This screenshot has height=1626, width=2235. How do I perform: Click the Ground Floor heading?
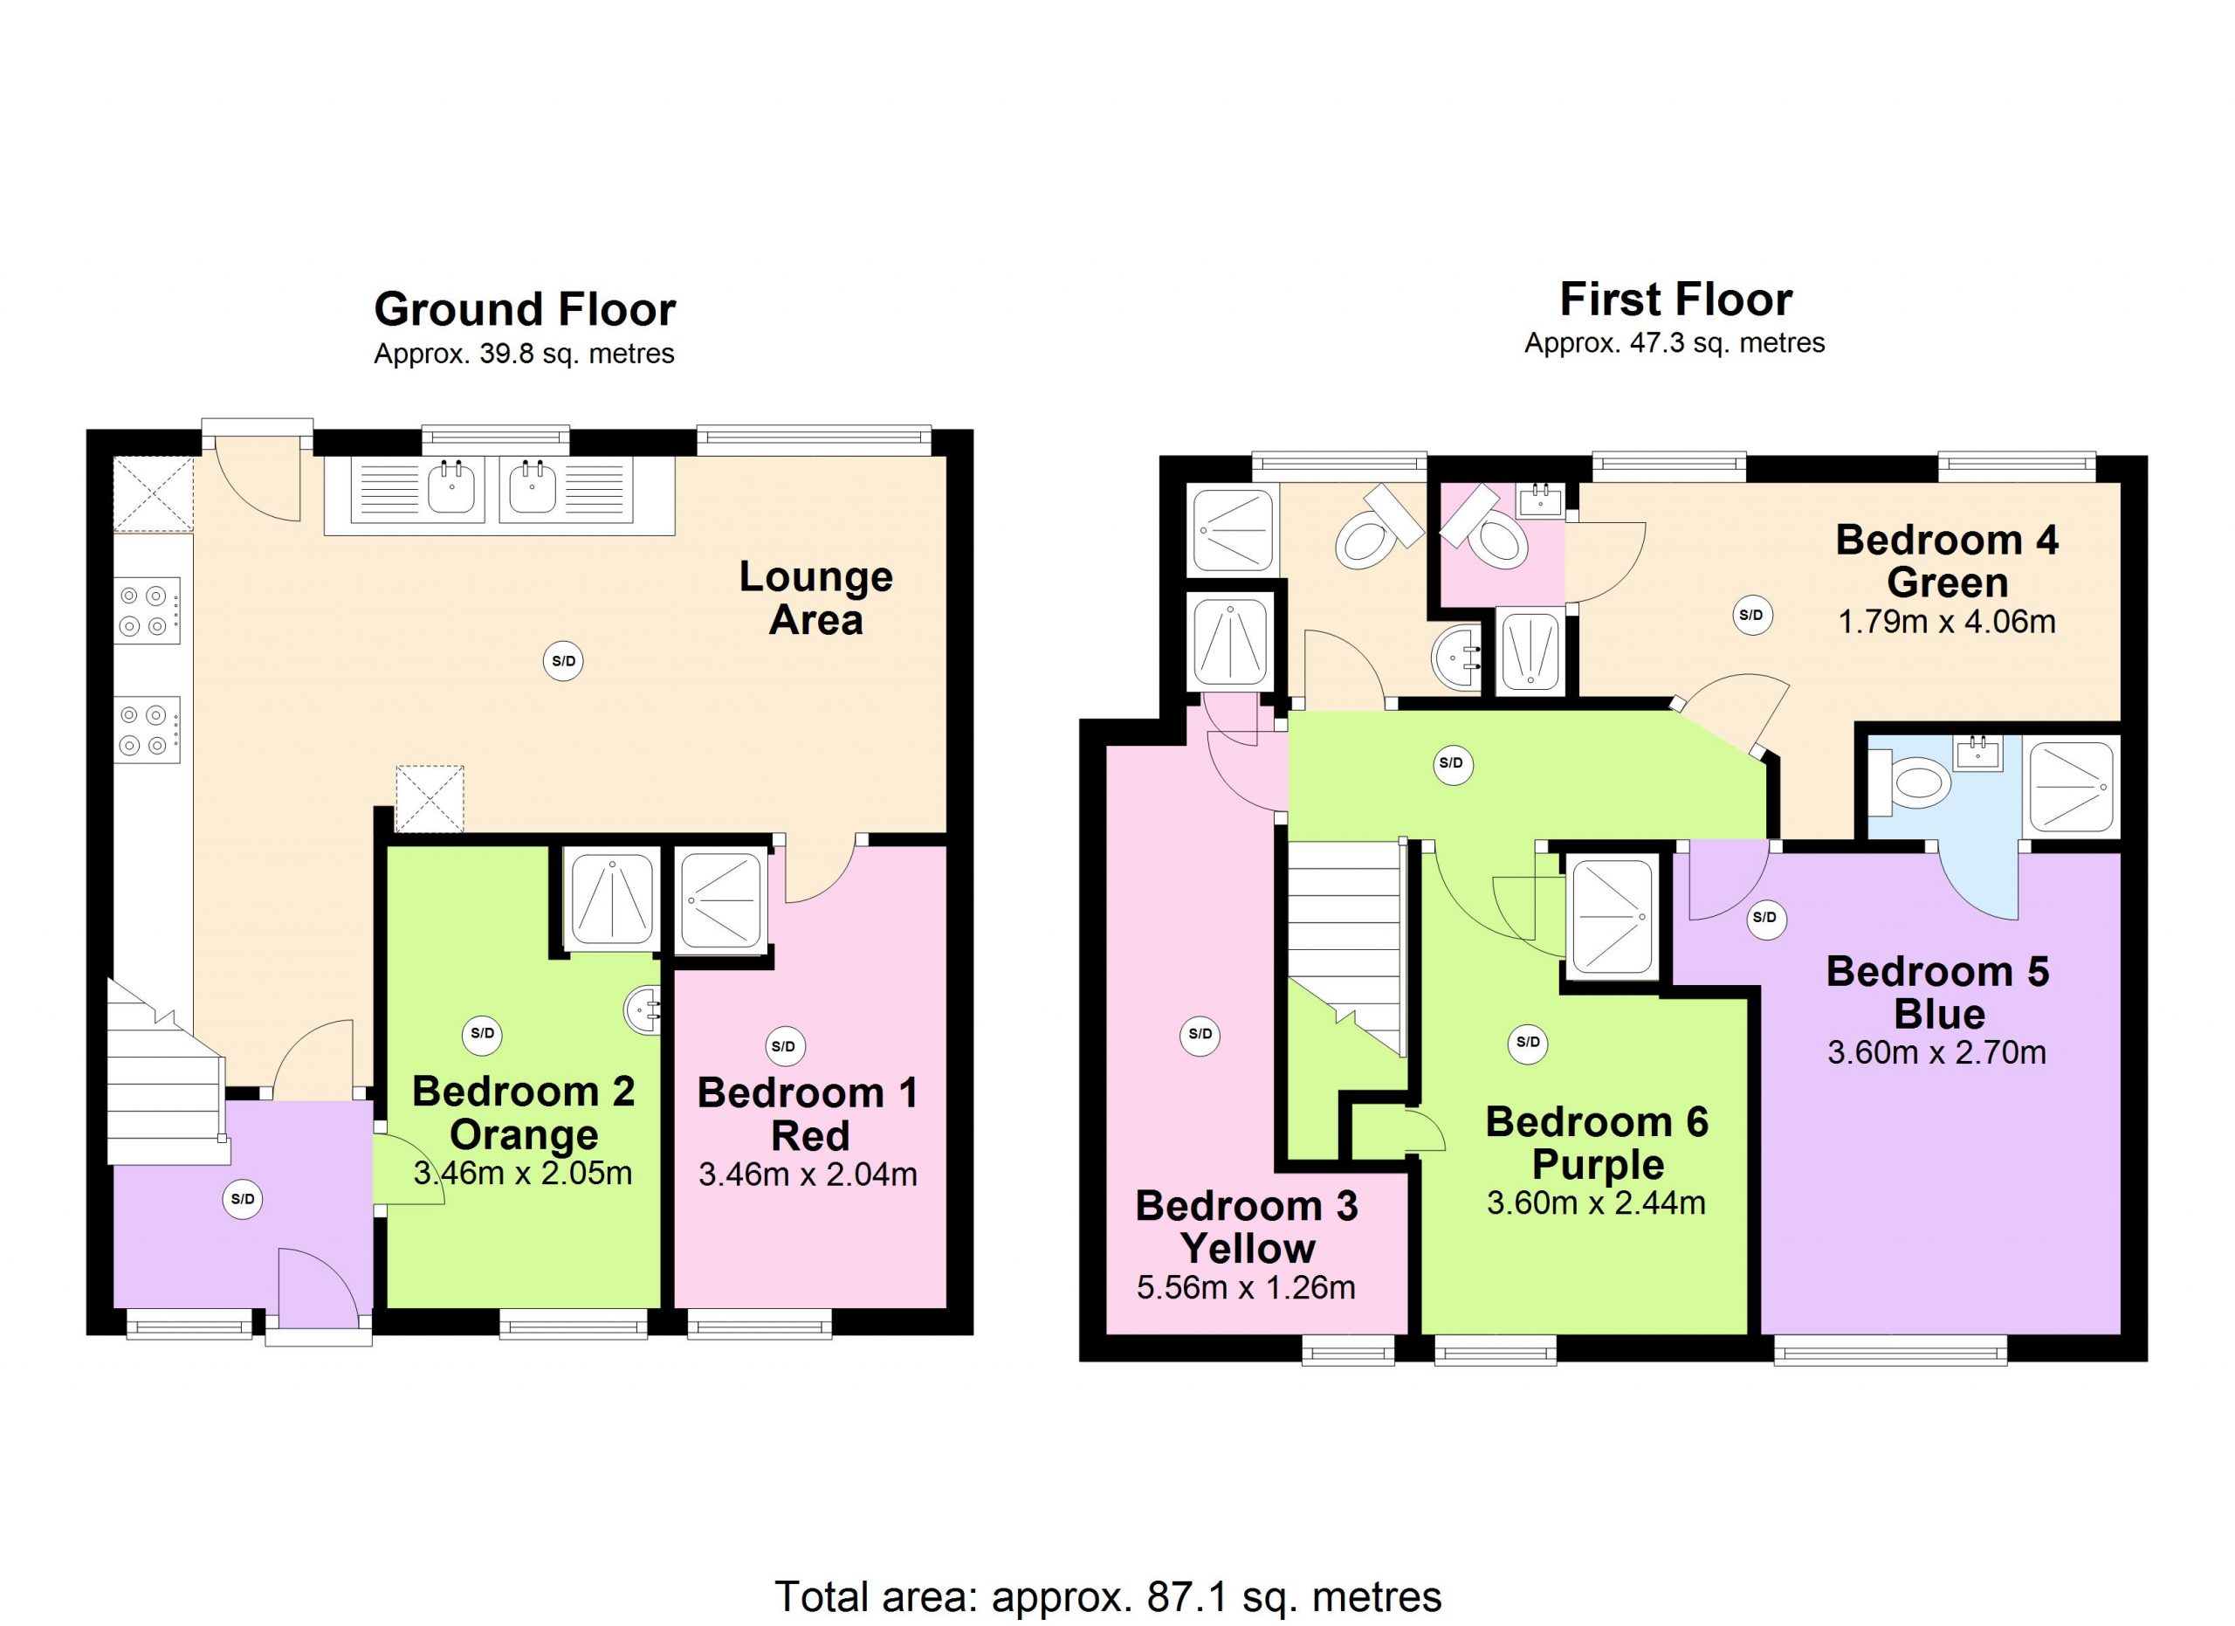524,310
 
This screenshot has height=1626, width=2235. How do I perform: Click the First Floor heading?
1675,300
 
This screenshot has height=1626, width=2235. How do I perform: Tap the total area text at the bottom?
1108,1595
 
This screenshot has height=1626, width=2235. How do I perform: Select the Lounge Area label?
816,598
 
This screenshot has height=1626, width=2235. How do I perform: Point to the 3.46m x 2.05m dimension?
522,1174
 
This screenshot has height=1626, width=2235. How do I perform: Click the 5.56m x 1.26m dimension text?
1246,1287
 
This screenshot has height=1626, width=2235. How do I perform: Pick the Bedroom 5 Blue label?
1937,992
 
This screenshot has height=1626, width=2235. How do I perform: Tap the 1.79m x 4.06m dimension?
1946,622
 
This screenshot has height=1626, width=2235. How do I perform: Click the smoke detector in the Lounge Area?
564,661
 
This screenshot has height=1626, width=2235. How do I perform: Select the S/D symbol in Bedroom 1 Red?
783,1046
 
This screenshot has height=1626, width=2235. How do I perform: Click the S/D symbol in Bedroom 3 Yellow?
1200,1034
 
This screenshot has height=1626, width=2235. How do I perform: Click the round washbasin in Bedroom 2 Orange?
643,1010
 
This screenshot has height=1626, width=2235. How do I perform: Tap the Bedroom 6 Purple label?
1597,1143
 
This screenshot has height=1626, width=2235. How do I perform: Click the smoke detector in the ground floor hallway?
243,1199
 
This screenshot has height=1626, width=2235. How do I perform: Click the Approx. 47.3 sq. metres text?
1675,343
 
